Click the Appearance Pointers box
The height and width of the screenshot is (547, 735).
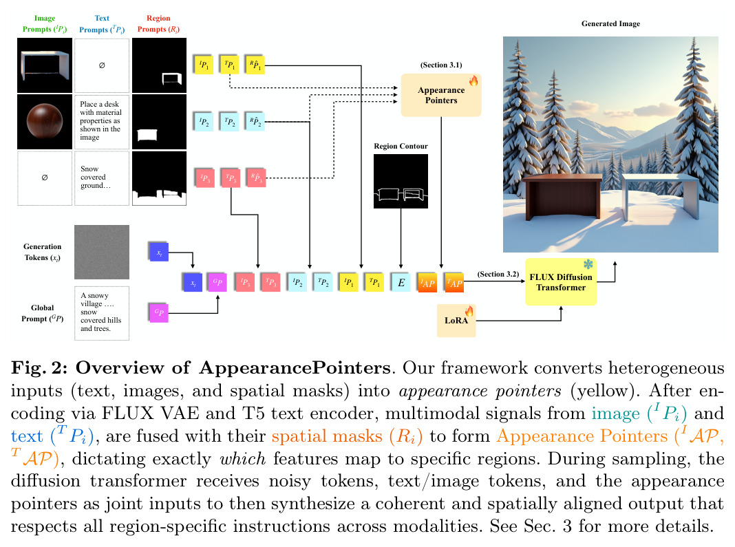440,95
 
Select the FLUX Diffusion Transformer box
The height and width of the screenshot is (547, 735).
561,281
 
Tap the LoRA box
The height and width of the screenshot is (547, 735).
456,321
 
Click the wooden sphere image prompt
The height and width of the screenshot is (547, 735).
45,121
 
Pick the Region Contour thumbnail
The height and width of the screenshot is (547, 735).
401,182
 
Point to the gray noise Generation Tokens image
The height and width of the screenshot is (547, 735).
102,253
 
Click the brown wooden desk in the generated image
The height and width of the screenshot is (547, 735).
562,197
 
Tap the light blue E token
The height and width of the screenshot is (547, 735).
401,282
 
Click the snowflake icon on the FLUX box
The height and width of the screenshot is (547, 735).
588,264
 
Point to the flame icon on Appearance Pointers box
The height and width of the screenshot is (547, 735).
473,81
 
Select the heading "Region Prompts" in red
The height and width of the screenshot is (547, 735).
158,23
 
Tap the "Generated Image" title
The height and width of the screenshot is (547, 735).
610,23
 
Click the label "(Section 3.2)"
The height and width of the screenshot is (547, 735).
498,275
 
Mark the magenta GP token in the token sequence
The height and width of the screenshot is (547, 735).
217,282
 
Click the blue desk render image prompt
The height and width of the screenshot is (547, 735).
45,65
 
